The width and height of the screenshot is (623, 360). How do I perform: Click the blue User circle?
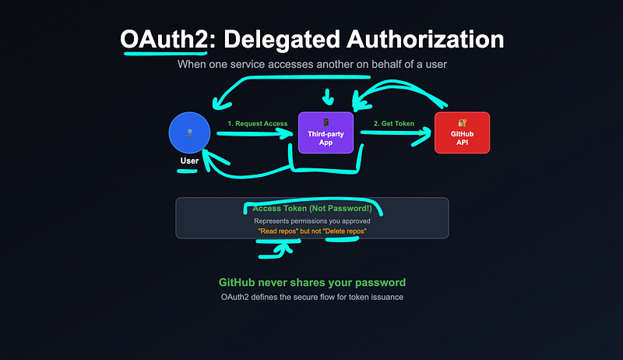click(x=189, y=133)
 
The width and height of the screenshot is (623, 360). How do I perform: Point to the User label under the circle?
click(x=189, y=161)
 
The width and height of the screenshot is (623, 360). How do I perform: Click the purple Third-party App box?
click(x=326, y=132)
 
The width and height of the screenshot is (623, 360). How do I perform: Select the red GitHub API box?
click(x=462, y=132)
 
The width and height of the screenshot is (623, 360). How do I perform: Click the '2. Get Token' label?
click(x=394, y=123)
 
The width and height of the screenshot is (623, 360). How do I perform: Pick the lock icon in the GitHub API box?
click(x=462, y=123)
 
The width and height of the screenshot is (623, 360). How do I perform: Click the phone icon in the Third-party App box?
click(x=326, y=122)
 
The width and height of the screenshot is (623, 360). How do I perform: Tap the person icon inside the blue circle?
click(x=189, y=132)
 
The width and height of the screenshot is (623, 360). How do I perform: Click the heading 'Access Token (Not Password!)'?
click(x=311, y=209)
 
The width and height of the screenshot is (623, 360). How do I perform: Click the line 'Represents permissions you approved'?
click(x=311, y=221)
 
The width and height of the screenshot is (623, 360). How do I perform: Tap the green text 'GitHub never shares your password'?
click(x=311, y=282)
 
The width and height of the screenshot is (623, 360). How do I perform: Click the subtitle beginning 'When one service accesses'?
click(x=311, y=64)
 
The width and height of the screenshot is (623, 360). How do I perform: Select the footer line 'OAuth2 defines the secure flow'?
click(x=311, y=297)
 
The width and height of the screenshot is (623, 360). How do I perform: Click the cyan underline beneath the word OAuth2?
click(x=163, y=55)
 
